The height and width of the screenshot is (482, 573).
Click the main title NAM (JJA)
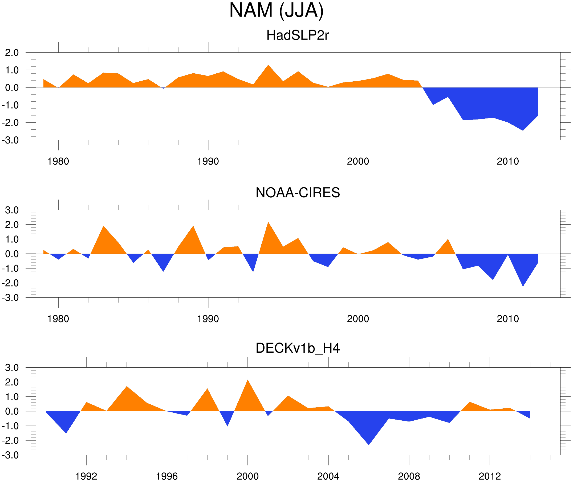(276, 10)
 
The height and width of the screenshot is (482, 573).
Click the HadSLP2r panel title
(297, 35)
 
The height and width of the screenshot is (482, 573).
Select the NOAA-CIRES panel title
(298, 193)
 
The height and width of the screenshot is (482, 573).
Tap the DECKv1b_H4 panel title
(298, 348)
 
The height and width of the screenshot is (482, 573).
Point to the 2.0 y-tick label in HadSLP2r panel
(12, 53)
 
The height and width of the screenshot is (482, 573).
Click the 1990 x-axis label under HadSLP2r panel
(208, 161)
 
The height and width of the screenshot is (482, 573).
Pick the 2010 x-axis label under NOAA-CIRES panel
(507, 319)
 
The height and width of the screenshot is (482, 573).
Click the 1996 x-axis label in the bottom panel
(167, 476)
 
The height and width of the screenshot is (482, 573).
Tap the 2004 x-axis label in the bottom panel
(328, 476)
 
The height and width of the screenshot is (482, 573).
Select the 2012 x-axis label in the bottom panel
(490, 476)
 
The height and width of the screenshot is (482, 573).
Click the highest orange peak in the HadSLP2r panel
(268, 66)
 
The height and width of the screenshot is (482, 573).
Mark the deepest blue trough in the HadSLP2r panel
(523, 130)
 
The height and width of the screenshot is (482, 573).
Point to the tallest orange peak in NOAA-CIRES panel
(268, 222)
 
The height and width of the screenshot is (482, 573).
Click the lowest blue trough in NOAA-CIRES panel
(523, 286)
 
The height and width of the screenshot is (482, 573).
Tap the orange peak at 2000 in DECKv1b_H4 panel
(247, 380)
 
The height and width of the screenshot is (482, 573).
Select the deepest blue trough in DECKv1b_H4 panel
(369, 444)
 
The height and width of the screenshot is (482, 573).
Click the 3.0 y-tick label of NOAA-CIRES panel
(12, 210)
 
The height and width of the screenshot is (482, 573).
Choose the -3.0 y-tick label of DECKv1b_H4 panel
(10, 455)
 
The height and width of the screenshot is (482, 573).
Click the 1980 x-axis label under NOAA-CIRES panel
(58, 319)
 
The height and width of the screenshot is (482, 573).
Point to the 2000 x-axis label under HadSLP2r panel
(358, 161)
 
